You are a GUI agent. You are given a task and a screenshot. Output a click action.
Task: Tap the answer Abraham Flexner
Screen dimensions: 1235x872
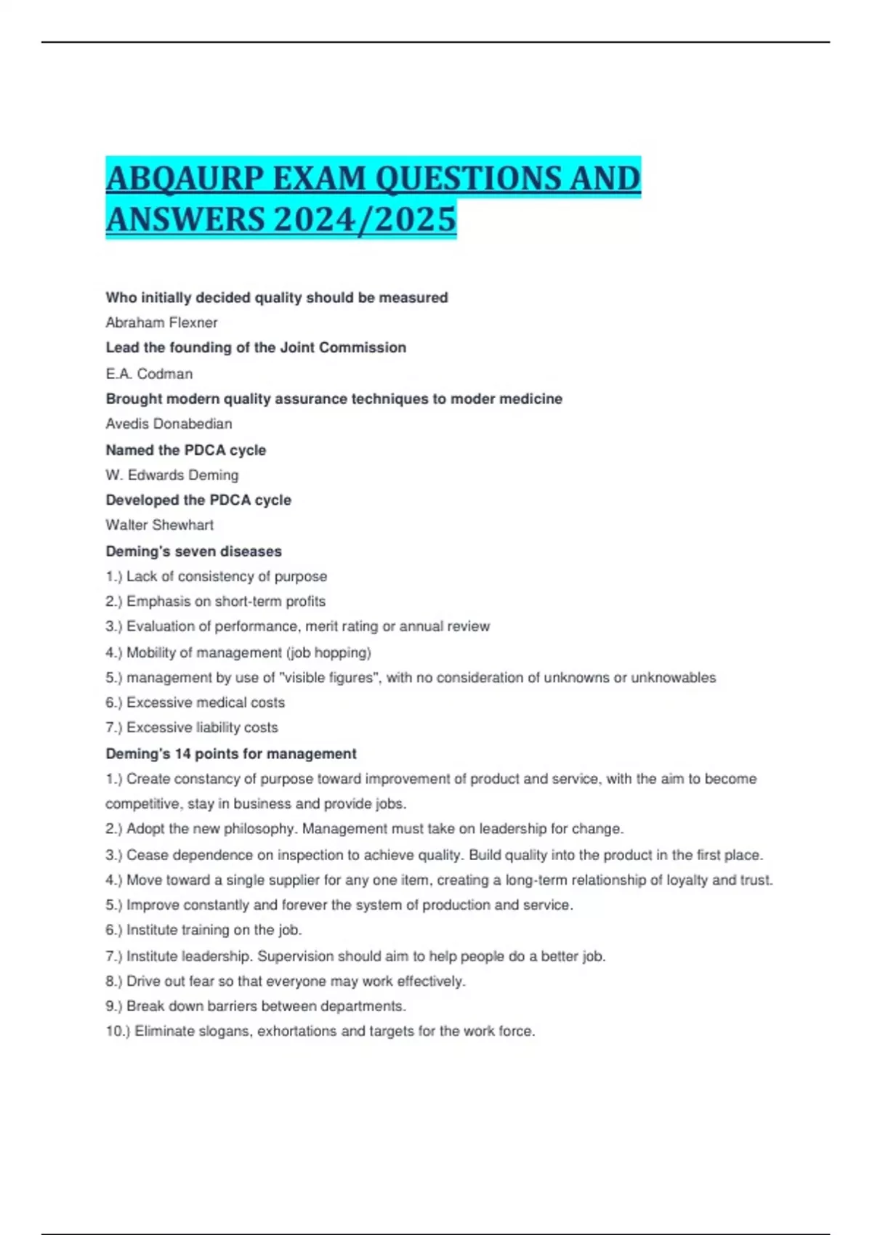tap(161, 323)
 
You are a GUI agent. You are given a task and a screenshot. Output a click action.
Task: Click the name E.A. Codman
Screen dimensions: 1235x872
tap(149, 374)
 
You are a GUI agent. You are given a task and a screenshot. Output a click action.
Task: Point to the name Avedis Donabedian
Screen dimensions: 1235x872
tap(169, 424)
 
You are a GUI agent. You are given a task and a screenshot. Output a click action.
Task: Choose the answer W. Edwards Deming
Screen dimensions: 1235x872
tap(171, 475)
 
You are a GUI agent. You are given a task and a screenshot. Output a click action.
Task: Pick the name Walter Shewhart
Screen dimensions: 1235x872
tap(159, 525)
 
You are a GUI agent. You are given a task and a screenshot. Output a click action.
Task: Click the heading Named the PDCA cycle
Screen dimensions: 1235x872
tap(185, 450)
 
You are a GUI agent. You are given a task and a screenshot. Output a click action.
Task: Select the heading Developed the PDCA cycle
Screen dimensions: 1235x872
tap(198, 500)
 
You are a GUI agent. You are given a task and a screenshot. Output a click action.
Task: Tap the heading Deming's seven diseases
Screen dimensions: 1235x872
tap(193, 551)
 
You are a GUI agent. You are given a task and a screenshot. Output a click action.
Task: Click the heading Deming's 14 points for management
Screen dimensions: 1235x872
tap(230, 754)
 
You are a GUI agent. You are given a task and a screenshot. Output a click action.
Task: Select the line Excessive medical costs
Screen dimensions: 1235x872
tap(205, 702)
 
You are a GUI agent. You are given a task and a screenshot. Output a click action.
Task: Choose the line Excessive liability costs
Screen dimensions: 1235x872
tap(201, 727)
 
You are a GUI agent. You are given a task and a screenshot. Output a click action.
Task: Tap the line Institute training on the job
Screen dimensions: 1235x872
tap(214, 930)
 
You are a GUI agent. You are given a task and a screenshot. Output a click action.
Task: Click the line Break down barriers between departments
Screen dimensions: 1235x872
tap(266, 1006)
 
